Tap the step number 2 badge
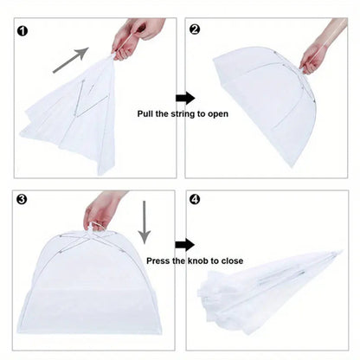pyautogui.click(x=195, y=29)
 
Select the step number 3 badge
pyautogui.click(x=22, y=199)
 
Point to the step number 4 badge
pyautogui.click(x=195, y=199)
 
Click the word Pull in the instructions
pyautogui.click(x=149, y=113)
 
